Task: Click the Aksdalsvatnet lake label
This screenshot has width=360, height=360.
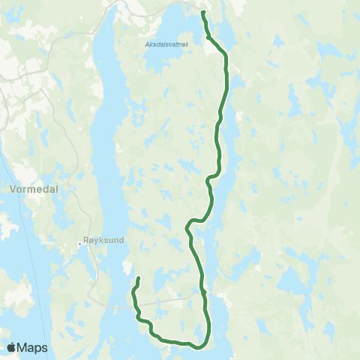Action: pos(166,44)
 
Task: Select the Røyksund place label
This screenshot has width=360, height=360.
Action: pos(104,241)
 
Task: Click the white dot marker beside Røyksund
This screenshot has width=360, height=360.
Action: pos(80,243)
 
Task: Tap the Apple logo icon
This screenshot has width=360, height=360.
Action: pos(12,347)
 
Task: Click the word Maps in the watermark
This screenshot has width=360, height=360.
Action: pos(34,347)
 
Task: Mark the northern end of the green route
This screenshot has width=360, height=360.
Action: pos(203,12)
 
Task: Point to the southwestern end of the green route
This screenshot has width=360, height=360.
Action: pos(139,279)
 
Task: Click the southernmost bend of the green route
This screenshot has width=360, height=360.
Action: pos(196,346)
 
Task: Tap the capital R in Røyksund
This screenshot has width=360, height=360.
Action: pos(88,241)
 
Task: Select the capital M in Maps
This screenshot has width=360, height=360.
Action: pos(23,347)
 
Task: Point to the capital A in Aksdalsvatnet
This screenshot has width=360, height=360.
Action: pos(146,44)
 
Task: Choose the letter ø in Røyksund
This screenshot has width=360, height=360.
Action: pos(94,241)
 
